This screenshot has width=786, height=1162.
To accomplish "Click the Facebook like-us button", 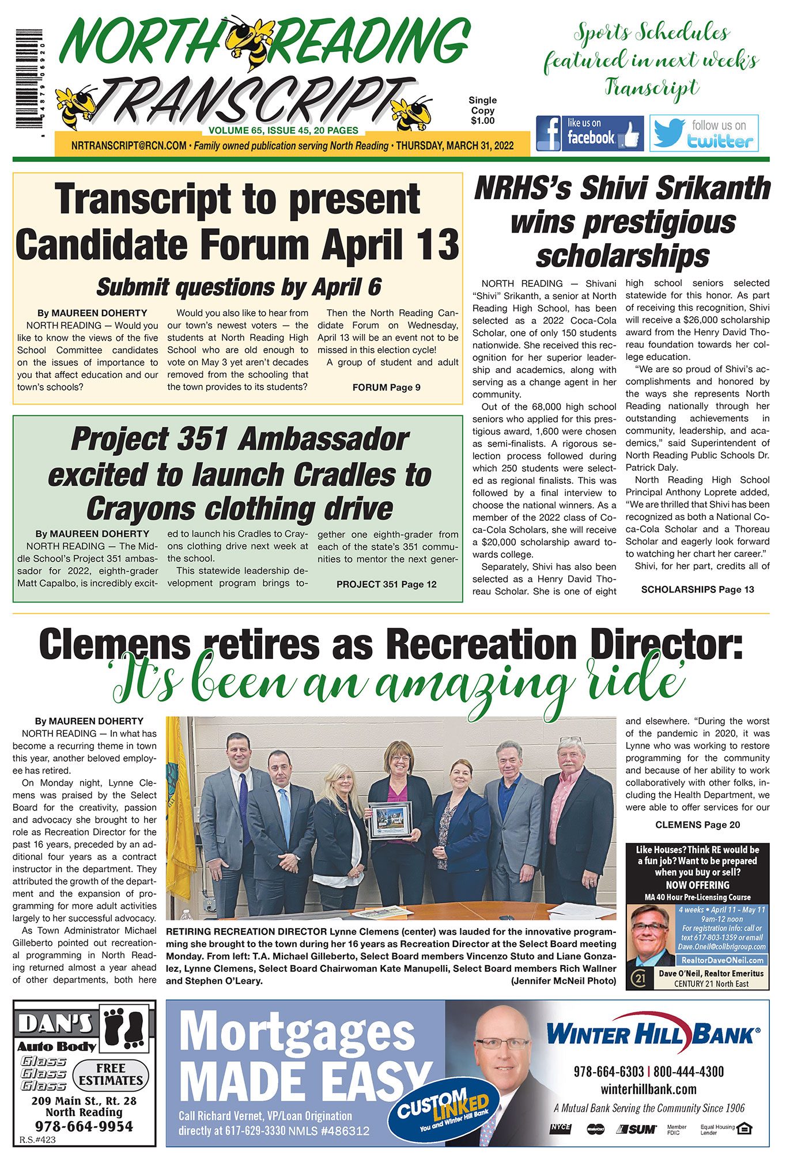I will click(x=589, y=133).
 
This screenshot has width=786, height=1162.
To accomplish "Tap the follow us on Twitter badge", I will click(x=704, y=133).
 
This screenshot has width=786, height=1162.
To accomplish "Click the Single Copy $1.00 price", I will click(x=482, y=111).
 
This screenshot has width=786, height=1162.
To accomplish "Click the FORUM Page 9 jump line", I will click(x=386, y=388).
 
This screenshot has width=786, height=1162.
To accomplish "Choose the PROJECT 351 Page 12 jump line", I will click(x=386, y=585).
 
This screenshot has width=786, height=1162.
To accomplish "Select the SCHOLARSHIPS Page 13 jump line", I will click(x=697, y=589).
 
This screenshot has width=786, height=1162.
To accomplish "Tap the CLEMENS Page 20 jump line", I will click(x=697, y=825).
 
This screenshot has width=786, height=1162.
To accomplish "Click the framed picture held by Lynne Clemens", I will click(x=390, y=820).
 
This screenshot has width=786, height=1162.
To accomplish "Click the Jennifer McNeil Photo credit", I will click(x=563, y=981).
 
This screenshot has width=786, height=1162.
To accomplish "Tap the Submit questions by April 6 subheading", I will click(x=239, y=287).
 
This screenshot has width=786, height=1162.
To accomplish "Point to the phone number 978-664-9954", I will click(x=84, y=1126).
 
